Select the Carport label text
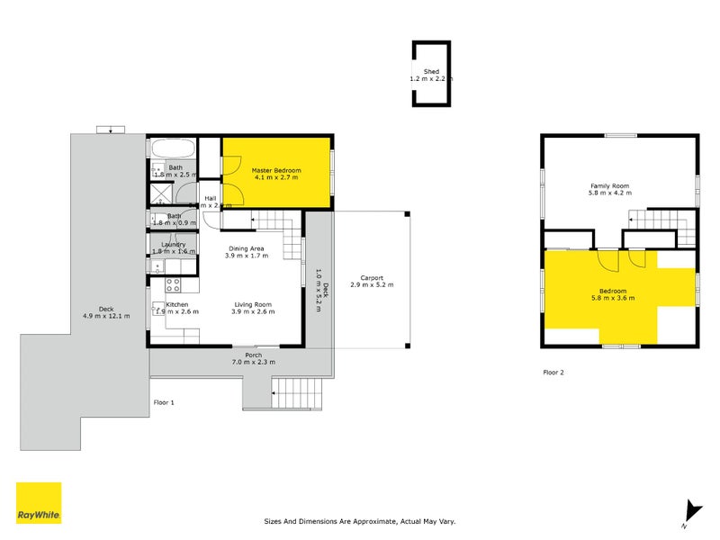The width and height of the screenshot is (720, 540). point(377,278)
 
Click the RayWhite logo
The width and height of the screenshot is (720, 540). point(39,503)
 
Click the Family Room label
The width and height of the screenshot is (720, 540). point(608,186)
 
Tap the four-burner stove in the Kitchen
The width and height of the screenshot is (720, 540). point(174,285)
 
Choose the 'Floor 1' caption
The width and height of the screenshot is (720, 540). point(163,402)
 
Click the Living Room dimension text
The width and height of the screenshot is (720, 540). point(253,311)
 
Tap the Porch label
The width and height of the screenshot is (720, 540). point(254,355)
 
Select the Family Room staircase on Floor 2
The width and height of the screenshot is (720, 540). point(661,224)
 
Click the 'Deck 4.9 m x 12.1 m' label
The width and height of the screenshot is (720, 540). point(106,311)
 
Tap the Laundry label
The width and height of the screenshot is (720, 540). point(174,245)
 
